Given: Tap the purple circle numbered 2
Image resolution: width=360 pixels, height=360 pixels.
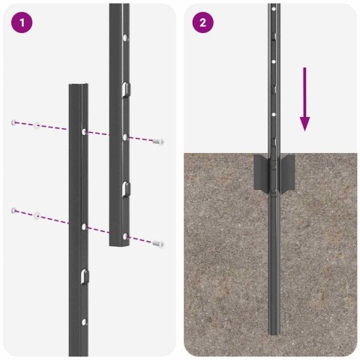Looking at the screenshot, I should click(202, 22).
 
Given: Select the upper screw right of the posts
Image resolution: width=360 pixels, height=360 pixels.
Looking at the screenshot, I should click(157, 141).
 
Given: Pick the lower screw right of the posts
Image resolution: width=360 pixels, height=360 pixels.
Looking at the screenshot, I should click(157, 244).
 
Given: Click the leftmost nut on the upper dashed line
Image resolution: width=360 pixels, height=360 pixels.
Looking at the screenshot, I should click(14, 121).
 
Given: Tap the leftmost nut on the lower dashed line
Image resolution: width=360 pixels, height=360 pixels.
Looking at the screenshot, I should click(14, 211).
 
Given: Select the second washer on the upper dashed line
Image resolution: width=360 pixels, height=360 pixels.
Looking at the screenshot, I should click(37, 124).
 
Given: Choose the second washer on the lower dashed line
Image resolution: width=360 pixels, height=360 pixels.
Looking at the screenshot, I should click(37, 216).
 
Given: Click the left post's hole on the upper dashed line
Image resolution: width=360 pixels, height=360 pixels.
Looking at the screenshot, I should click(82, 132).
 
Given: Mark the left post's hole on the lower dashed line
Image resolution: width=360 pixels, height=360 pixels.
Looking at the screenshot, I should click(83, 225).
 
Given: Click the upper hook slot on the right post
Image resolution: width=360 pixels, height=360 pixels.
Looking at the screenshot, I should click(124, 91).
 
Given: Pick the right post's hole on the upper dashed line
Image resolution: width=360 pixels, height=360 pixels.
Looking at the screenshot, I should click(124, 136).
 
